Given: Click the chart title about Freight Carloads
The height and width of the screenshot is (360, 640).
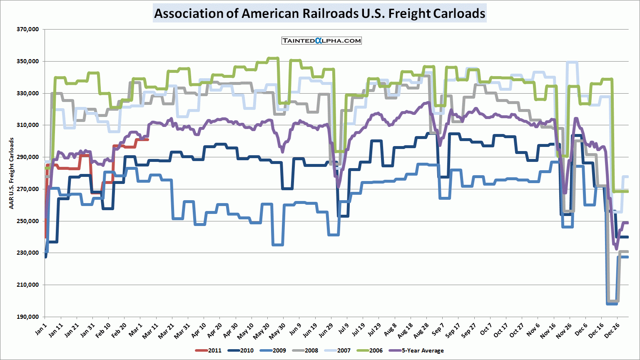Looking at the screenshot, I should coord(320,13).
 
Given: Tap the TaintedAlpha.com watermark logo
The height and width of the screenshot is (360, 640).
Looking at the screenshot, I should coord(321,40).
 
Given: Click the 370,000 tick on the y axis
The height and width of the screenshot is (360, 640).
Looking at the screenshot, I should coord(28,30).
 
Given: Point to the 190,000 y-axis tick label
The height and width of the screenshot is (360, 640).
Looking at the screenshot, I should coord(28,317).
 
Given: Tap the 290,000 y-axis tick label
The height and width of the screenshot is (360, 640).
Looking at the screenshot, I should coord(28,157).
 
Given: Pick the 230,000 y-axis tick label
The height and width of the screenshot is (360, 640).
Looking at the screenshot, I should coord(28,253).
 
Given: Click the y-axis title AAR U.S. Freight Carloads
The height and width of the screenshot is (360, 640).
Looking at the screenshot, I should coord(12,173).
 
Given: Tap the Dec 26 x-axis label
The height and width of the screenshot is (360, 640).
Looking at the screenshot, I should coord(613,330).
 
